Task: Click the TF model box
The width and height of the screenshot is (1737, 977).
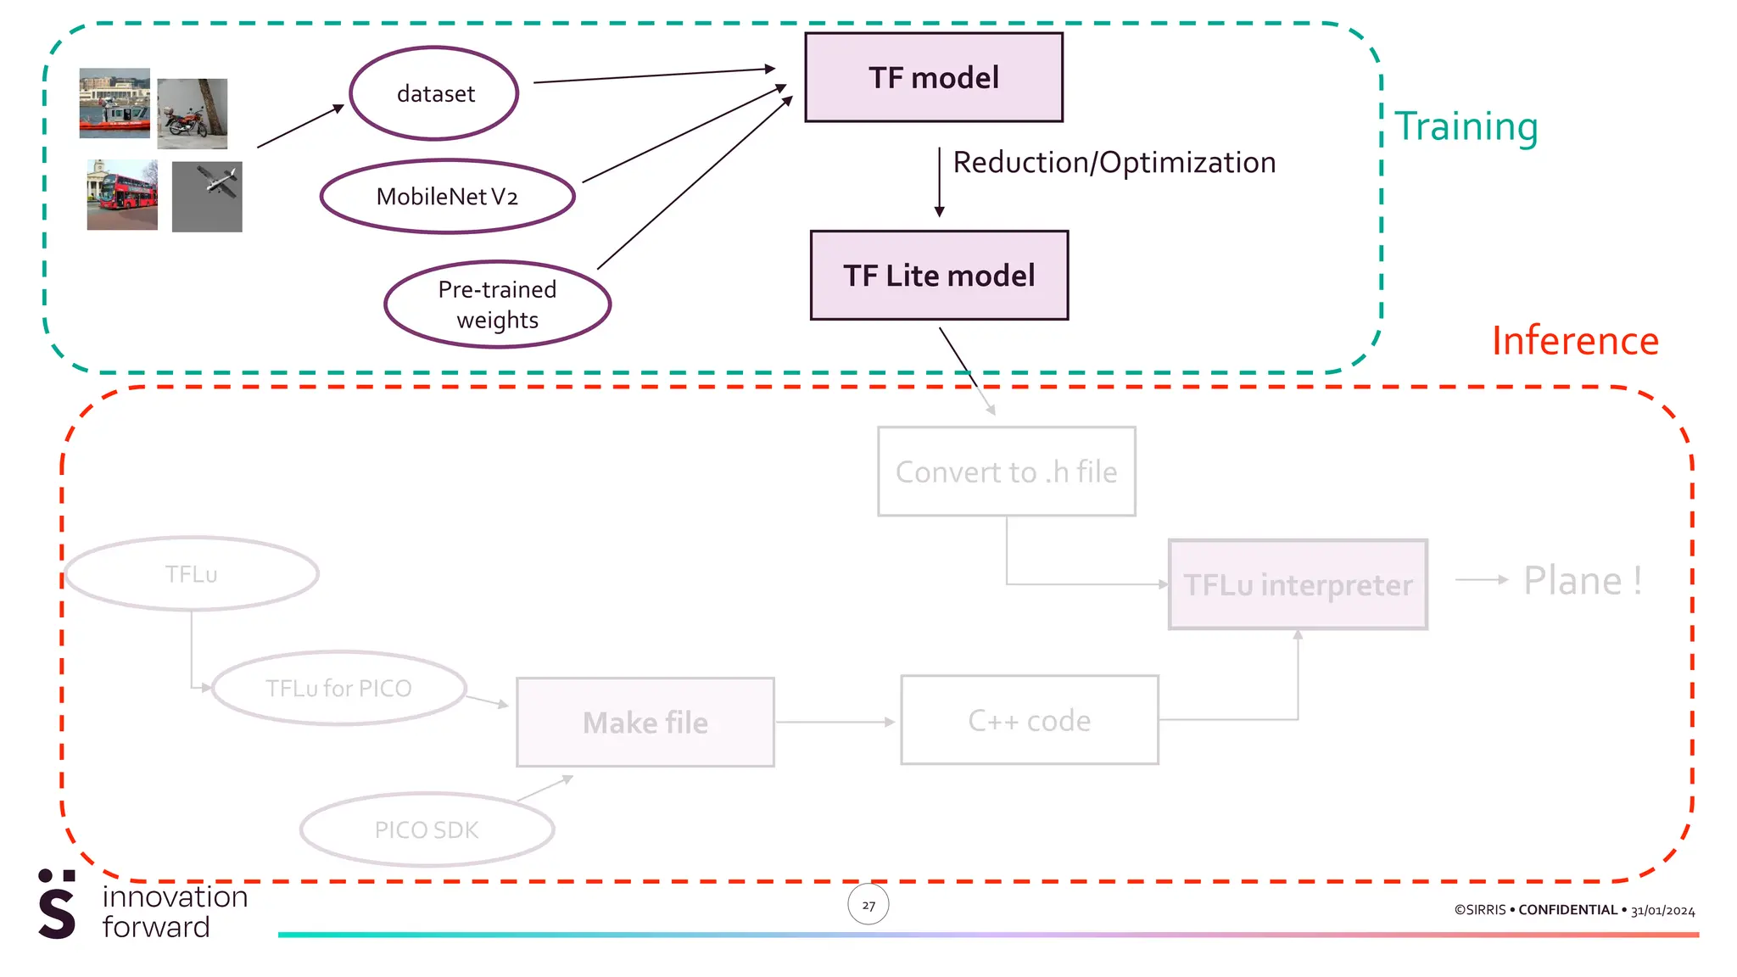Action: (933, 77)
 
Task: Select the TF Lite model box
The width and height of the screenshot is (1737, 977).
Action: (939, 276)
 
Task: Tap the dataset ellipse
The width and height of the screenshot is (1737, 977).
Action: (434, 93)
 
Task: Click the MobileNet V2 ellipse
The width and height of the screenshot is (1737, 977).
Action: (447, 197)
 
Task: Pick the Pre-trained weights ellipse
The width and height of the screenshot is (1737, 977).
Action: (497, 304)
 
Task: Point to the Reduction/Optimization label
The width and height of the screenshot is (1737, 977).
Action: (1114, 162)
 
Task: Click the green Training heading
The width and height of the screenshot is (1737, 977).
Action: (1466, 126)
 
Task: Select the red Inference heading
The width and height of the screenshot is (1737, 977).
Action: (1575, 341)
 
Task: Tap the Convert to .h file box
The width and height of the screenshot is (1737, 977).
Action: (1006, 472)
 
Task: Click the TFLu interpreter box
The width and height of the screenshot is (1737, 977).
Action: (1298, 584)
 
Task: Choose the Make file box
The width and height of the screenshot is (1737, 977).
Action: (645, 723)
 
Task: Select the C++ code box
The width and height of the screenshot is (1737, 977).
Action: (1030, 720)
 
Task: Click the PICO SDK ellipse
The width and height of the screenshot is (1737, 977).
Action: (427, 829)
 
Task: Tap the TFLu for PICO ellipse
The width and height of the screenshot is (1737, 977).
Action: (338, 688)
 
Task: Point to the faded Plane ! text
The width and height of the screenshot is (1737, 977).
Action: (1582, 581)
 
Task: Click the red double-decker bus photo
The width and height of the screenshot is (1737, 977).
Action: (122, 195)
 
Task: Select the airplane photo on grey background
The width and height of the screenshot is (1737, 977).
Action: (207, 197)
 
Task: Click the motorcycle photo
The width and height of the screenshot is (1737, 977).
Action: (193, 114)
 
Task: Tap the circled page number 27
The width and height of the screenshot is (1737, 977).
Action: (868, 905)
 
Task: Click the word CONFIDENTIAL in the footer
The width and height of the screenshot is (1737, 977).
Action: (1567, 910)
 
